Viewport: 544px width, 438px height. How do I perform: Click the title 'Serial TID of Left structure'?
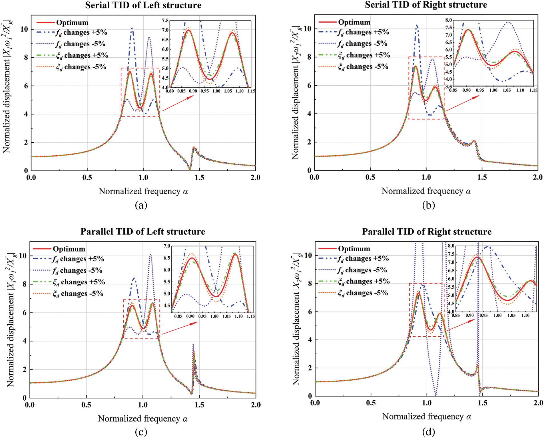click(x=143, y=5)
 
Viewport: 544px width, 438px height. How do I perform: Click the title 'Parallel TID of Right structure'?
click(x=427, y=232)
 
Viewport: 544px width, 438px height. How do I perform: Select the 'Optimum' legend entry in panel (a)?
click(x=72, y=23)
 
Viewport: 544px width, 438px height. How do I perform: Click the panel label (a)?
click(x=141, y=205)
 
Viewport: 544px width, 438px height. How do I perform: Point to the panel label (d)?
click(x=428, y=432)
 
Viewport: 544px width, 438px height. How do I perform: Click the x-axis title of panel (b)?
click(x=426, y=191)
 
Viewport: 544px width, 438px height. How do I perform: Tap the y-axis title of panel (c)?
click(x=11, y=320)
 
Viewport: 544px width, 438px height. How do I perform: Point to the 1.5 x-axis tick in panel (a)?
click(x=199, y=178)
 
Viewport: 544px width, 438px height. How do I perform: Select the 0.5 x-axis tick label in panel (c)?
click(x=86, y=405)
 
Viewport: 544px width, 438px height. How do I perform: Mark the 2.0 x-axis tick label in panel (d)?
click(x=538, y=403)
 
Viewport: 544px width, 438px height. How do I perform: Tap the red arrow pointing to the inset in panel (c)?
click(x=179, y=328)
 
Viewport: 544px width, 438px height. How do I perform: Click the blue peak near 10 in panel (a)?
click(x=132, y=28)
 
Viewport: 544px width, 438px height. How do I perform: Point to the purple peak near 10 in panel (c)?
click(x=150, y=254)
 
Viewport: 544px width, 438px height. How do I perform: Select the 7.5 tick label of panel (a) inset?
click(x=165, y=21)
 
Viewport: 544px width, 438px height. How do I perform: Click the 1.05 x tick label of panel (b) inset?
click(x=507, y=90)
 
